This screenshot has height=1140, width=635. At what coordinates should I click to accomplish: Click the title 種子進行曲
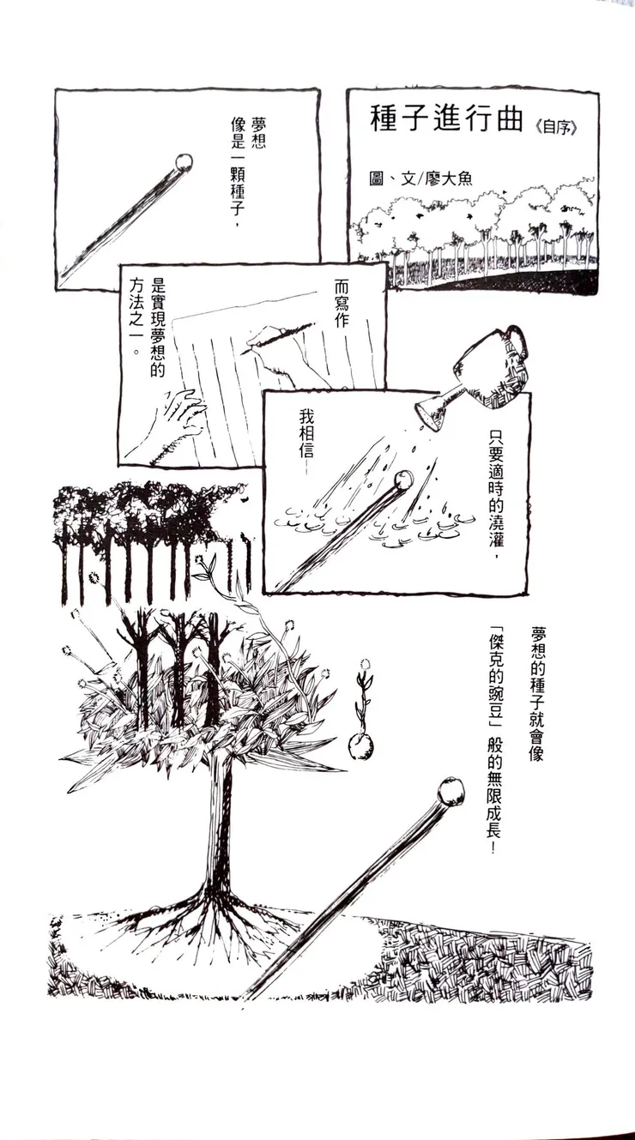[445, 121]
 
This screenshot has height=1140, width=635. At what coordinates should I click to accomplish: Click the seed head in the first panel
[183, 162]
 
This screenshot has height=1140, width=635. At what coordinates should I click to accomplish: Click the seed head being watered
[402, 480]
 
